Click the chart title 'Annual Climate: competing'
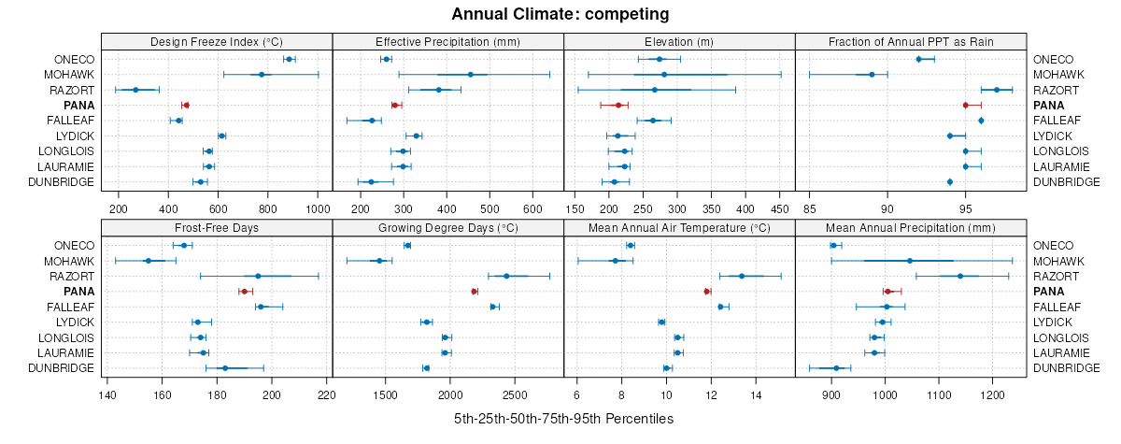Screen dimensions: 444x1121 tap(560, 14)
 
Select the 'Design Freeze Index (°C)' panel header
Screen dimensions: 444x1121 tap(216, 41)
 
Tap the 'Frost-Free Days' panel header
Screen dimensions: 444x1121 tap(216, 227)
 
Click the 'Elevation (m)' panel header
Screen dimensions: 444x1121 tap(679, 41)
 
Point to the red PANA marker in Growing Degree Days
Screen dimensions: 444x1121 tap(475, 292)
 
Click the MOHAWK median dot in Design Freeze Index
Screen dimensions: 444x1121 tap(262, 75)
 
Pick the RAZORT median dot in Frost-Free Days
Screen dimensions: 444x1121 tap(258, 276)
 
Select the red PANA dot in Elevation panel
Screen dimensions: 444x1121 tap(618, 106)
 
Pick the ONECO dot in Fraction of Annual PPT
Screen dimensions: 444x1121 tap(918, 59)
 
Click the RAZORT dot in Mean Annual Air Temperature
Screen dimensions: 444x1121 tap(742, 276)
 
